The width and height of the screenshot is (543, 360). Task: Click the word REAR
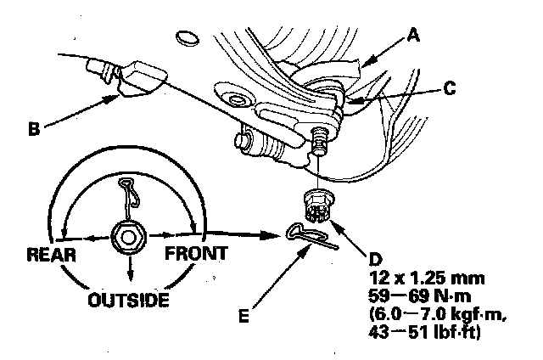(53, 254)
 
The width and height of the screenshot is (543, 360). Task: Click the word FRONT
(195, 253)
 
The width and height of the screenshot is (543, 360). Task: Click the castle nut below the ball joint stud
(317, 205)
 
